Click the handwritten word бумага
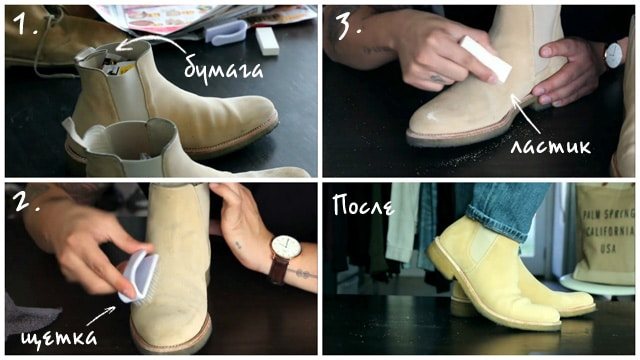223,71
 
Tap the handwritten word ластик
551,146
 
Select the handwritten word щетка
59,337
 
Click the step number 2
25,201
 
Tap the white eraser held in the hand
485,58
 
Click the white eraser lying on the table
267,41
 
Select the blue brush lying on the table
226,33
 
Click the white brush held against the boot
139,278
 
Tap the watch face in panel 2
286,247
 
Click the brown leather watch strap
278,271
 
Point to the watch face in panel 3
613,54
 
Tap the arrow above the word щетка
101,315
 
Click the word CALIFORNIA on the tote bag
608,231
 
